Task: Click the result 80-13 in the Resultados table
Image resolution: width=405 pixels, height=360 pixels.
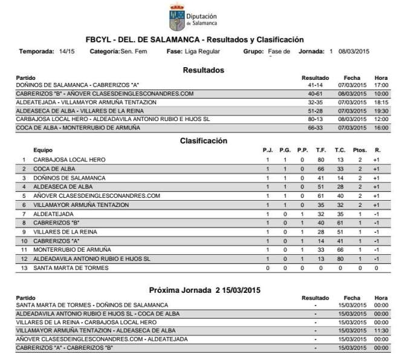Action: tap(315, 119)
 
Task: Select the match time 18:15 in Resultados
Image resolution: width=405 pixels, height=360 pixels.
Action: tap(381, 103)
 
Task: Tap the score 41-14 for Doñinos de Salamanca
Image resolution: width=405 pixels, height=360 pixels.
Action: tap(315, 86)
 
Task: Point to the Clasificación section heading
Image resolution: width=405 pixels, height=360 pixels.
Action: tap(203, 141)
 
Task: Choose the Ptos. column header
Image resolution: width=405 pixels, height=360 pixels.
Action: tap(359, 150)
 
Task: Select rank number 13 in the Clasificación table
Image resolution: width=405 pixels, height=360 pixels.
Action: tap(24, 267)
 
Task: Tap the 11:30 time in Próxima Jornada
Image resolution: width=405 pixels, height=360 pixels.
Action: tap(381, 331)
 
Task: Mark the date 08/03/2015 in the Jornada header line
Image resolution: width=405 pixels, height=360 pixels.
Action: tap(354, 51)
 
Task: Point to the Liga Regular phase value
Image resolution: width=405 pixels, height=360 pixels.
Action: tap(203, 51)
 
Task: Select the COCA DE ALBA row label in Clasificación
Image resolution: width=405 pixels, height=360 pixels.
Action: tap(54, 169)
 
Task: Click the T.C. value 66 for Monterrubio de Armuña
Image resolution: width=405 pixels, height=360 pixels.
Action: tap(340, 249)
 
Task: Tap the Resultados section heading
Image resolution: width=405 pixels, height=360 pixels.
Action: tap(203, 70)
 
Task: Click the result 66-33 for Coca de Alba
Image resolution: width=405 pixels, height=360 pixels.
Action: tap(315, 128)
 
